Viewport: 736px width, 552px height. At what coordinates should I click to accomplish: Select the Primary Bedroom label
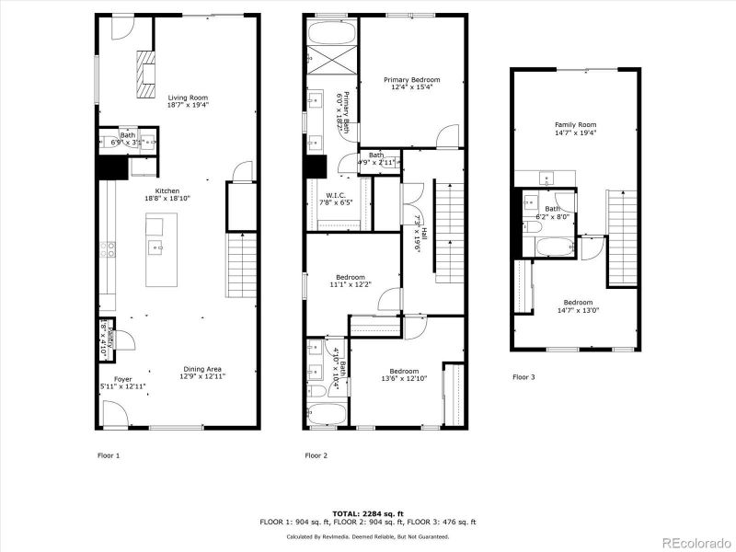point(411,84)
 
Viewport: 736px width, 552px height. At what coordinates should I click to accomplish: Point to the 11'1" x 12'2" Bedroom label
point(351,281)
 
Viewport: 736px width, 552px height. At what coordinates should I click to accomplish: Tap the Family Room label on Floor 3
point(575,128)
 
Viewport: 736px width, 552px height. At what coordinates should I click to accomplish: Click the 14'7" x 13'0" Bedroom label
point(578,306)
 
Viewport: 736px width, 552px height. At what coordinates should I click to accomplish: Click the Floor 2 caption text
point(316,454)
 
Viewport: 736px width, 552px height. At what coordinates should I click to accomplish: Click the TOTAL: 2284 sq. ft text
point(367,513)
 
